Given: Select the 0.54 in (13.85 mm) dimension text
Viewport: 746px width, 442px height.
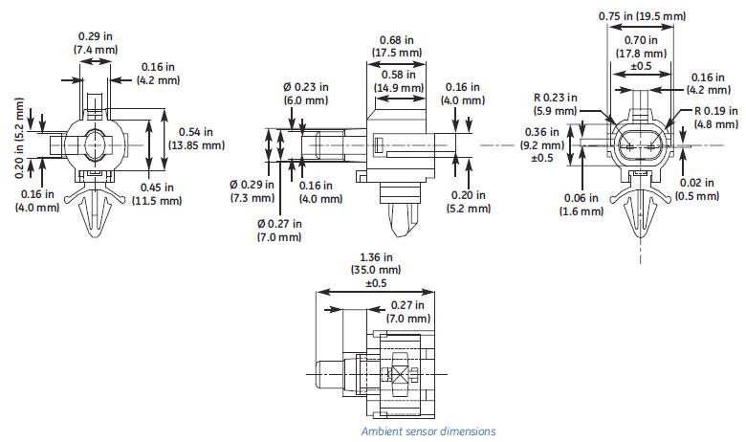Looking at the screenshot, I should [194, 139].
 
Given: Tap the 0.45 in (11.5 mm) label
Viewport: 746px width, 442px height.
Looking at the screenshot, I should [156, 194].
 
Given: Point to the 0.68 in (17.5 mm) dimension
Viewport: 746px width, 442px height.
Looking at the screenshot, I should [395, 47].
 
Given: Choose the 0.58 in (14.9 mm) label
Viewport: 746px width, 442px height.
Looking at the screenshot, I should [398, 81].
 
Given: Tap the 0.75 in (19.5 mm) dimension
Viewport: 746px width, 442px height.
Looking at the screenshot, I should [642, 16].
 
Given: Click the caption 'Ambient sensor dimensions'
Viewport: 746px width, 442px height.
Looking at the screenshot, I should [428, 431].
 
